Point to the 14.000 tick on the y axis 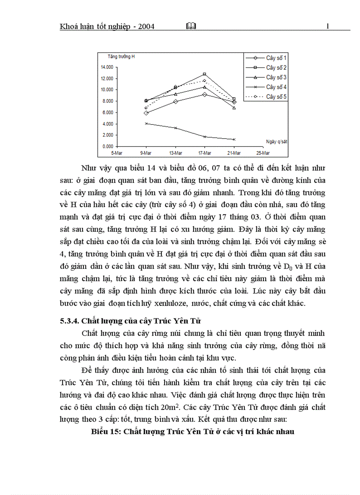107,67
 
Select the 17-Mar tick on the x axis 205,153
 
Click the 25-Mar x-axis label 263,153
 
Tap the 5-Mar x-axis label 117,153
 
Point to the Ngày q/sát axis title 277,141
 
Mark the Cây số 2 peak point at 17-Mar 204,74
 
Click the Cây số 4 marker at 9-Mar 146,123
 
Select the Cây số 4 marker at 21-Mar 234,139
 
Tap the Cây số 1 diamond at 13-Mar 176,101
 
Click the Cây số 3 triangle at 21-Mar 234,108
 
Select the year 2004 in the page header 145,26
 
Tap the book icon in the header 191,26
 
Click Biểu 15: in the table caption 105,432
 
